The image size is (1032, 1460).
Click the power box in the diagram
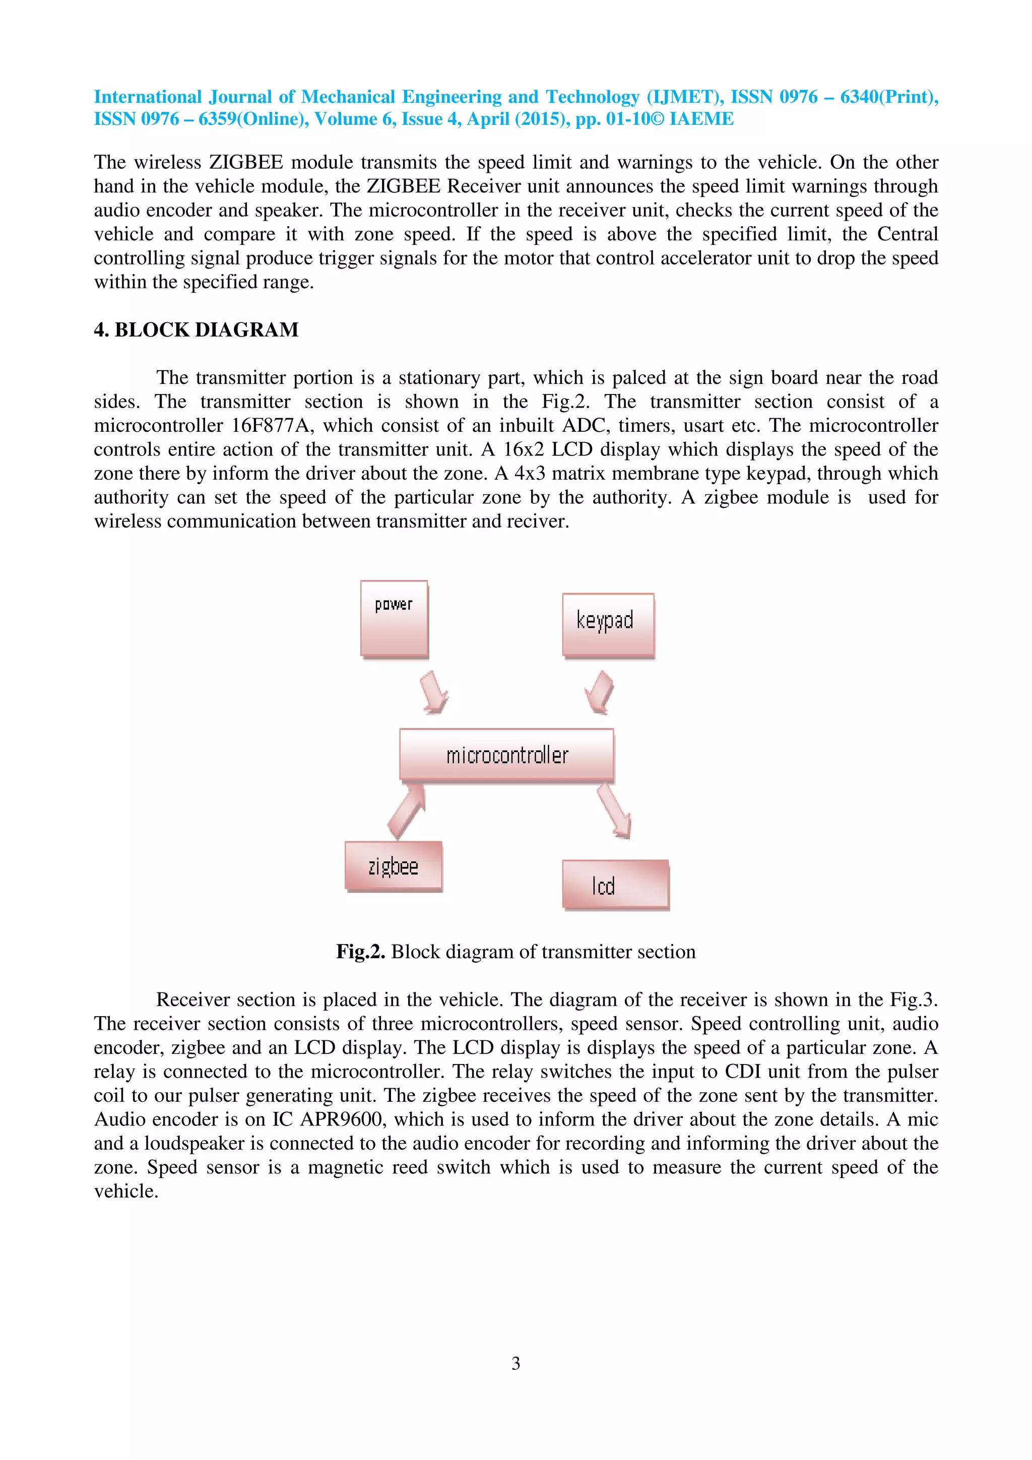394,618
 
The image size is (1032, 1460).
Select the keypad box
608,624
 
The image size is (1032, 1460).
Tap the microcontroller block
506,754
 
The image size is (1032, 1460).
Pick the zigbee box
393,866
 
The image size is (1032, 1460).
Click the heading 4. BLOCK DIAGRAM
196,329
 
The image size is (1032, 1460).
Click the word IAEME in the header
701,119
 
